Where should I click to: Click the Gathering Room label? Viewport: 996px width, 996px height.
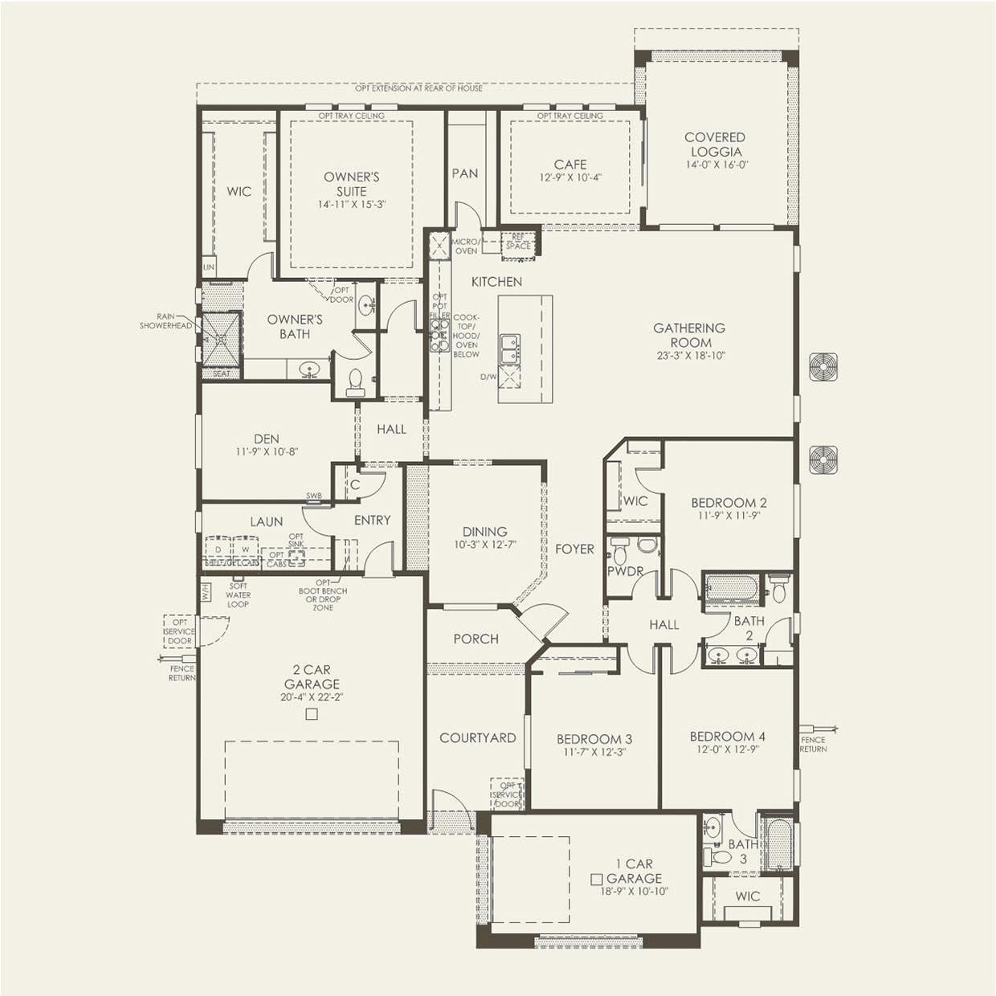[688, 334]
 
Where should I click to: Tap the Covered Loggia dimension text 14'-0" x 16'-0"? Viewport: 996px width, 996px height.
[716, 165]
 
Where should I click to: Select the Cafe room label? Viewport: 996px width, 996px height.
[569, 164]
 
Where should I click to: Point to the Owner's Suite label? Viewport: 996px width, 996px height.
[351, 184]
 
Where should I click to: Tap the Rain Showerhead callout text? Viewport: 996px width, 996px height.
[166, 321]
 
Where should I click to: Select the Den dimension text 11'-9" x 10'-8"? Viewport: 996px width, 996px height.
[267, 452]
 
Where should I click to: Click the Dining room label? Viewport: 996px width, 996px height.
[484, 531]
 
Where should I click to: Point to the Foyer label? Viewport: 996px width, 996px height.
[574, 549]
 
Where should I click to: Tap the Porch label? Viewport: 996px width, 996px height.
[476, 639]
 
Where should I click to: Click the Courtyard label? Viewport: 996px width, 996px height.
[477, 737]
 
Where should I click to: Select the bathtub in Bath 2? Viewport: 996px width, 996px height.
[731, 589]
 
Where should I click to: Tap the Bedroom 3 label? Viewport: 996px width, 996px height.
[594, 739]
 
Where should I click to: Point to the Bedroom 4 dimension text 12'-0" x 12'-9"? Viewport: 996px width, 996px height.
[727, 749]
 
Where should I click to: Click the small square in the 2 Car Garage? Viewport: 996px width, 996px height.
[312, 713]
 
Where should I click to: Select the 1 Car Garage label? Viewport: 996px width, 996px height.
[635, 871]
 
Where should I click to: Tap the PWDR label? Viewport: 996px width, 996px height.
[625, 571]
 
